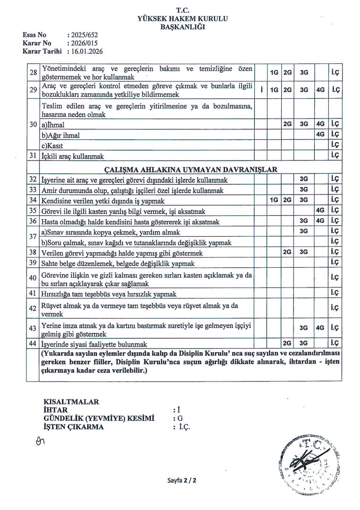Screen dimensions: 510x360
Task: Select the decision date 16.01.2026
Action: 87,51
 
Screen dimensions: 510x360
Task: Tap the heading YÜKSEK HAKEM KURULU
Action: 182,18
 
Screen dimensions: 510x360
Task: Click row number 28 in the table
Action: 33,73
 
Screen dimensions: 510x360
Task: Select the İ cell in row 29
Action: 261,89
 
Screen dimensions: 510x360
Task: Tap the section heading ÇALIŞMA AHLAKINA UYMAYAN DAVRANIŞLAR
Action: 190,170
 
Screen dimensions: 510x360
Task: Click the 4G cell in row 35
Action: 320,210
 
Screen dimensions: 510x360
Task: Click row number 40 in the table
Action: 33,278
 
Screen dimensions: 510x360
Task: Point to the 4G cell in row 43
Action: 320,327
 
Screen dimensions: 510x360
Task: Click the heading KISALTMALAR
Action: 71,402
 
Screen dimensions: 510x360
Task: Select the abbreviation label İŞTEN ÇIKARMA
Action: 74,427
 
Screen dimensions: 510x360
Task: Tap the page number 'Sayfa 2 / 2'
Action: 182,481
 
